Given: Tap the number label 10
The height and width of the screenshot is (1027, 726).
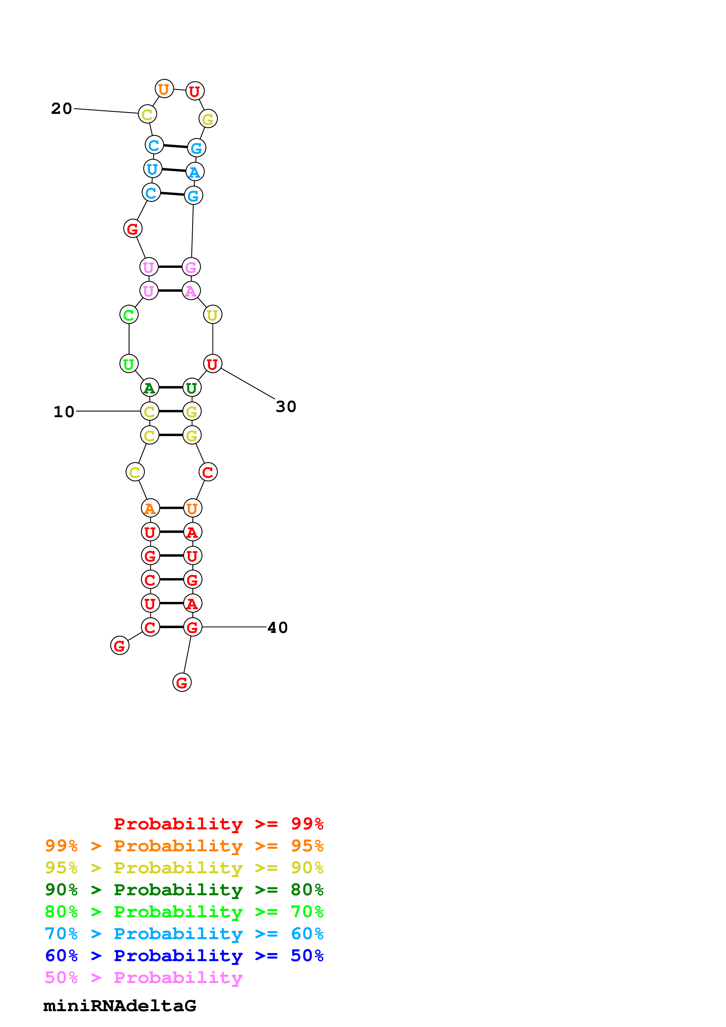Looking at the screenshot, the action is pyautogui.click(x=64, y=412).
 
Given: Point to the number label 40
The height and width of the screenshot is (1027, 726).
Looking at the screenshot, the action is pyautogui.click(x=277, y=628).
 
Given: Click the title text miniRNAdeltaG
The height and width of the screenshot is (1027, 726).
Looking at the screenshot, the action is pyautogui.click(x=119, y=1006).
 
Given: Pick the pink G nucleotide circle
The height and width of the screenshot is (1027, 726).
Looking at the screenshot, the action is pyautogui.click(x=191, y=267).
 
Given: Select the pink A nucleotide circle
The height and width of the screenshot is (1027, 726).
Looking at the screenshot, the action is pyautogui.click(x=191, y=291).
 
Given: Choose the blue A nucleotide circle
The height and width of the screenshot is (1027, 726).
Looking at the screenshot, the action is pyautogui.click(x=194, y=172).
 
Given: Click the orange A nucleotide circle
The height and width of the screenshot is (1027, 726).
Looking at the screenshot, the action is pyautogui.click(x=150, y=508).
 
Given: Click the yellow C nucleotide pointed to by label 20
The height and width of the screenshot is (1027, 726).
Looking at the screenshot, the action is pyautogui.click(x=147, y=114).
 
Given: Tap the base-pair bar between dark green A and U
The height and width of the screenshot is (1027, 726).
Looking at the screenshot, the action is pyautogui.click(x=170, y=387).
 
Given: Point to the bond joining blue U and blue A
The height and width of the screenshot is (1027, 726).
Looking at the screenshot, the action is pyautogui.click(x=174, y=170).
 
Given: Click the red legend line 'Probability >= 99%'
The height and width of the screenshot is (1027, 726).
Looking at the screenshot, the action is pyautogui.click(x=218, y=824).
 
